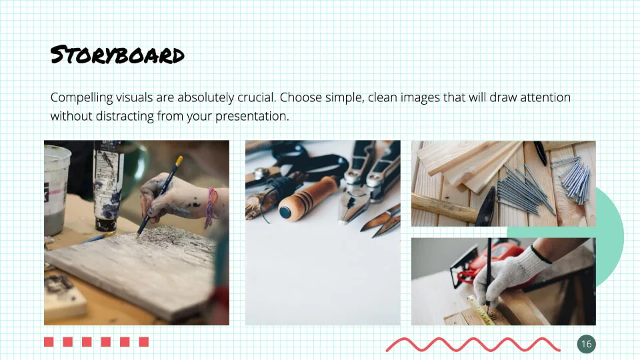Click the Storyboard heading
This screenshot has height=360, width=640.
pyautogui.click(x=117, y=55)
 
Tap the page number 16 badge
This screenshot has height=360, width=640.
pyautogui.click(x=587, y=344)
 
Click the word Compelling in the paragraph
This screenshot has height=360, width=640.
pyautogui.click(x=81, y=98)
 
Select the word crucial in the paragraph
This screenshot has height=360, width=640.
pyautogui.click(x=257, y=97)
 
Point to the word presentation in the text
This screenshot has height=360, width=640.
pyautogui.click(x=252, y=117)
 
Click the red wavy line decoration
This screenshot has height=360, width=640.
pyautogui.click(x=473, y=345)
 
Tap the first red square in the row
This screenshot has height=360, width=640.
pyautogui.click(x=49, y=341)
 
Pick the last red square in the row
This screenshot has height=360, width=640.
pyautogui.click(x=144, y=341)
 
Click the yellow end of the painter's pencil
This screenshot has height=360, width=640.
pyautogui.click(x=179, y=161)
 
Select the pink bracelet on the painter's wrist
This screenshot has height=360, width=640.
pyautogui.click(x=211, y=207)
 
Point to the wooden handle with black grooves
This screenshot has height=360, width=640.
pyautogui.click(x=309, y=199)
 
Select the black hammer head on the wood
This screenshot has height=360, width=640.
pyautogui.click(x=486, y=207)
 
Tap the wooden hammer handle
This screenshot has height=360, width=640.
pyautogui.click(x=444, y=208)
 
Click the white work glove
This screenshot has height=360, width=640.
pyautogui.click(x=510, y=274)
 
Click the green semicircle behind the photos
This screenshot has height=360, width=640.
pyautogui.click(x=610, y=237)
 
